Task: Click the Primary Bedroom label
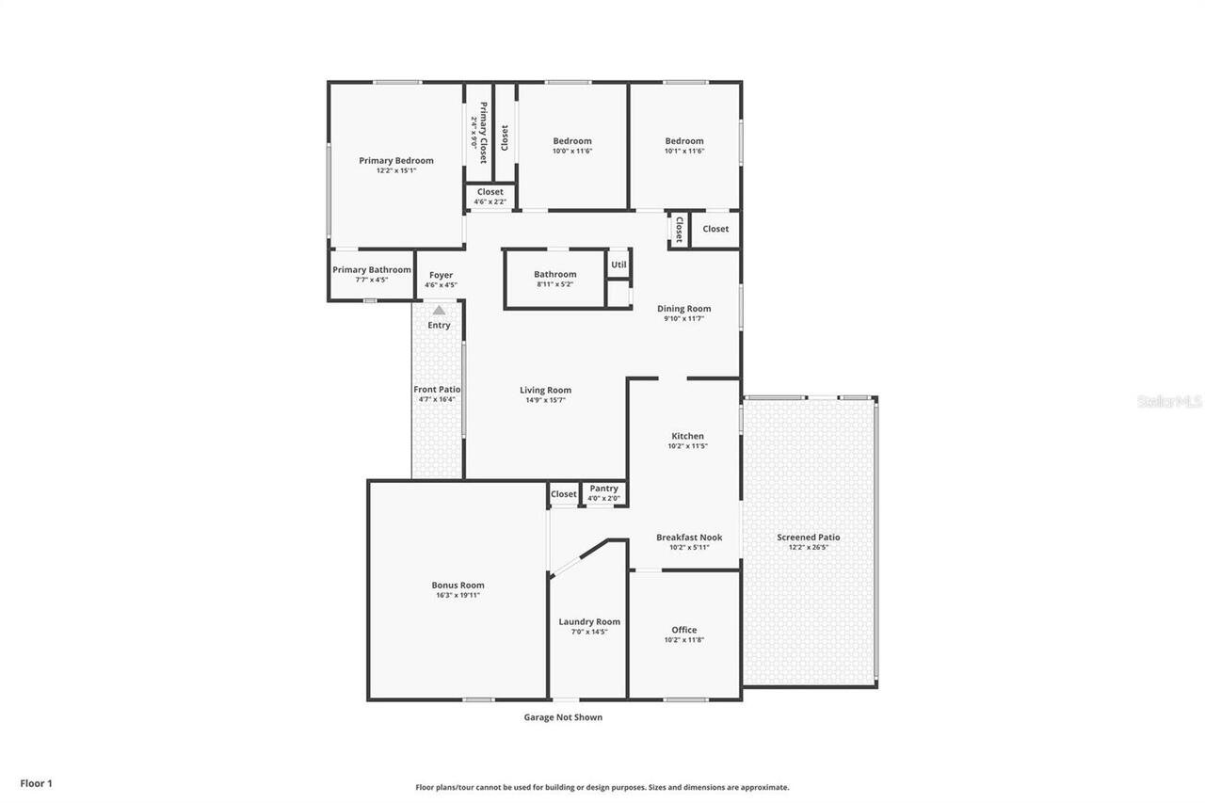pyautogui.click(x=396, y=160)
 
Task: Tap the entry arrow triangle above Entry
pyautogui.click(x=439, y=310)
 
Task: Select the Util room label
pyautogui.click(x=619, y=265)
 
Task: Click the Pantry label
pyautogui.click(x=603, y=489)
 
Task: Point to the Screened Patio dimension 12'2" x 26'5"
pyautogui.click(x=809, y=547)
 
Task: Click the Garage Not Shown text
pyautogui.click(x=563, y=717)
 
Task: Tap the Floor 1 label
pyautogui.click(x=36, y=782)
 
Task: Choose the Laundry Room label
pyautogui.click(x=589, y=621)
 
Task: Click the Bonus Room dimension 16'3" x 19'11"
pyautogui.click(x=458, y=595)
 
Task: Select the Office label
pyautogui.click(x=684, y=630)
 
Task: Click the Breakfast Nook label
pyautogui.click(x=689, y=538)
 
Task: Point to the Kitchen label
pyautogui.click(x=687, y=436)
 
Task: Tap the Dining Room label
pyautogui.click(x=684, y=309)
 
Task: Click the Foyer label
pyautogui.click(x=441, y=275)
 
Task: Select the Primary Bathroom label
pyautogui.click(x=372, y=269)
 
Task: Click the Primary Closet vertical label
pyautogui.click(x=484, y=132)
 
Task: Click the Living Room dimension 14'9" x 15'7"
pyautogui.click(x=546, y=400)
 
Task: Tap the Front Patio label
pyautogui.click(x=437, y=389)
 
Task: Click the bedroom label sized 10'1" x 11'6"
pyautogui.click(x=684, y=141)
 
